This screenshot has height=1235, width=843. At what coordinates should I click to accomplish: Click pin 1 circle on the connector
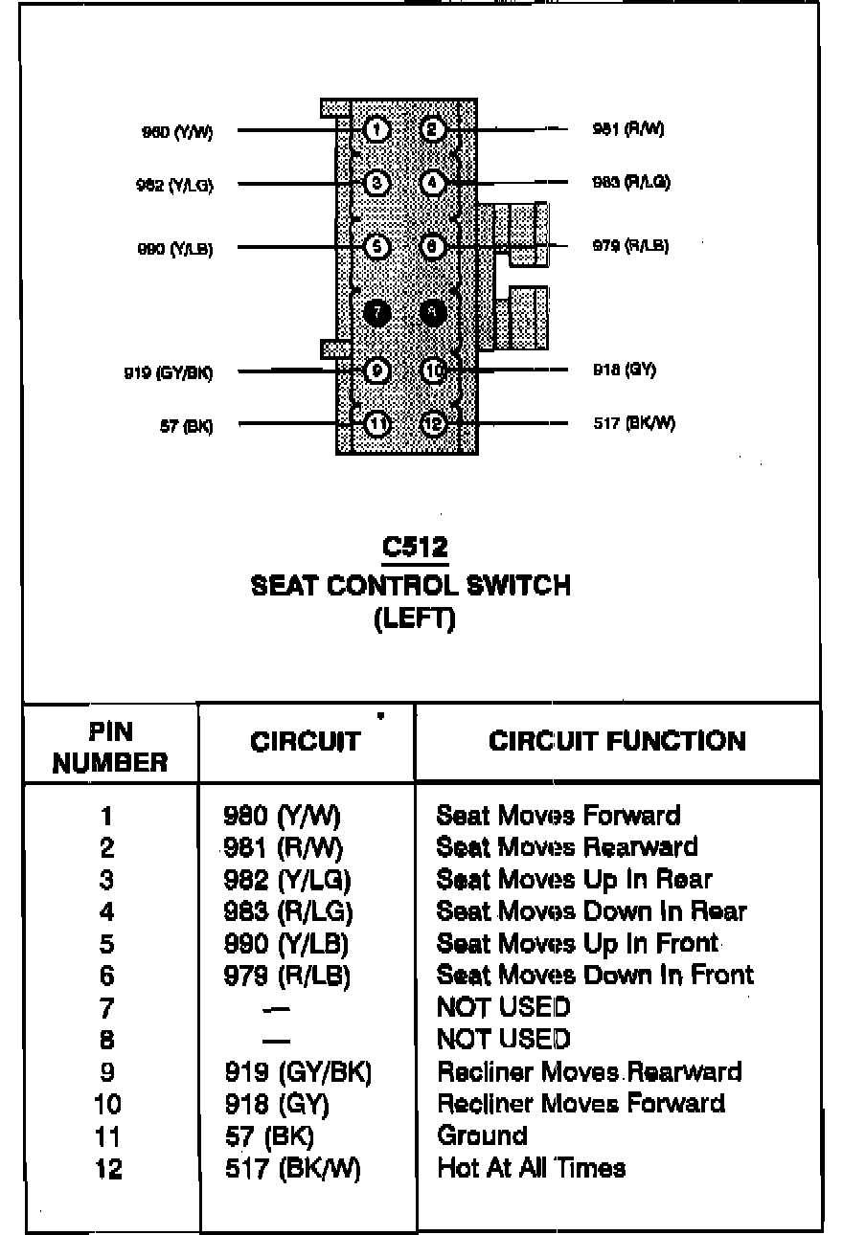pos(377,129)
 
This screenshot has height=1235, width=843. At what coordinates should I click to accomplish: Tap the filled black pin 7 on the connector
pos(377,312)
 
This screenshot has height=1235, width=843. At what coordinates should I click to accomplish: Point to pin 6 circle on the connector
pos(433,247)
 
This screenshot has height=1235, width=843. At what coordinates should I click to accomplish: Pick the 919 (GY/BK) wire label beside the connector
pos(168,372)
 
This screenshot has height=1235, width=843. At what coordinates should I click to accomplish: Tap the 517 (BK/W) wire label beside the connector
pos(634,423)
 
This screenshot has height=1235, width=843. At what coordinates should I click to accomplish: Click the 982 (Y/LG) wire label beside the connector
pos(174,185)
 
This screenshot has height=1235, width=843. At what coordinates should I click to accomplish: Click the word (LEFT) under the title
pos(414,619)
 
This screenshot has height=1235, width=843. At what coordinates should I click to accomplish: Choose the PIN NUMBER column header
pos(110,747)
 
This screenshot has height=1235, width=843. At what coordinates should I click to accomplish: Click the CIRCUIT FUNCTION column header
pos(617,741)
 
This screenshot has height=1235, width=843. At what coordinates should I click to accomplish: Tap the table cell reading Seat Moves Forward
pos(558,816)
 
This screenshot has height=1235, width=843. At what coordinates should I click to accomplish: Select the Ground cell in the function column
pos(482,1135)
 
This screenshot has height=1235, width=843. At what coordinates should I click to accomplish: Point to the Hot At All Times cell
pos(532,1168)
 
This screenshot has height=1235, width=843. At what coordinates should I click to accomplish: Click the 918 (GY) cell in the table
pos(276,1104)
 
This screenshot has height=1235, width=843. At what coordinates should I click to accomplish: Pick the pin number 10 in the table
pos(107,1104)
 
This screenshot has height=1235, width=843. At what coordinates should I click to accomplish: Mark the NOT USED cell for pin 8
pos(503,1040)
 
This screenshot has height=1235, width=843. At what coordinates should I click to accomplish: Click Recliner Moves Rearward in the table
pos(589,1071)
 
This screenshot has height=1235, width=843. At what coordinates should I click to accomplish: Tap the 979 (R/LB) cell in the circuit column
pos(286,976)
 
